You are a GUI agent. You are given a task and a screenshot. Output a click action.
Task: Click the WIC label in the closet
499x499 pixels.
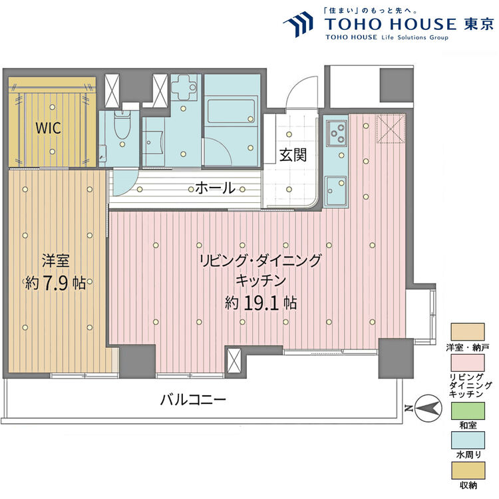(x=49, y=128)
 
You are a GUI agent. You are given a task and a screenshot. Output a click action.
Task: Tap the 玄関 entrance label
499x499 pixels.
(x=293, y=156)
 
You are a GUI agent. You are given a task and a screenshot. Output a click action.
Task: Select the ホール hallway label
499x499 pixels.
(x=215, y=188)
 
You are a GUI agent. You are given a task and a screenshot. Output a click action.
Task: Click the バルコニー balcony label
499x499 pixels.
(x=193, y=401)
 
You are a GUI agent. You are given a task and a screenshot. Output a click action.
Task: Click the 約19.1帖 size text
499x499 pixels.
(x=261, y=303)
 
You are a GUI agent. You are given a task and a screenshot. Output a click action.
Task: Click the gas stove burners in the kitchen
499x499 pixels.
(x=336, y=131)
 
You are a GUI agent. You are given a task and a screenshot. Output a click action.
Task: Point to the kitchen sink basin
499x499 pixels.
(x=335, y=187)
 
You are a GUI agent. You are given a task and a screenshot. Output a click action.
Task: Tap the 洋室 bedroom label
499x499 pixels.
(x=55, y=261)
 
